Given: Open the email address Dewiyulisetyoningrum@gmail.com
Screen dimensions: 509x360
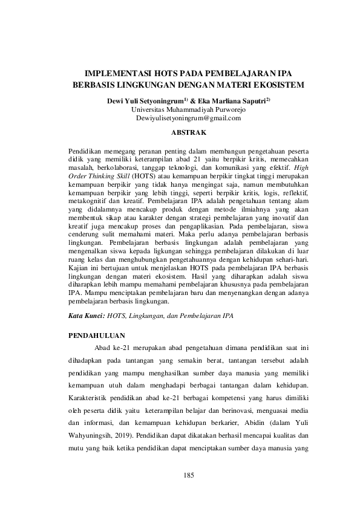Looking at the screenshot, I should tap(180, 118).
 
